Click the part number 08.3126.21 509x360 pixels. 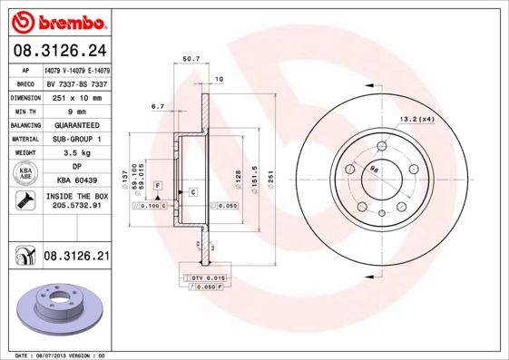click(x=76, y=258)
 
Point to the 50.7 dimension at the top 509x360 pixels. click(x=191, y=59)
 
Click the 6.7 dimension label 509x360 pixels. click(x=157, y=106)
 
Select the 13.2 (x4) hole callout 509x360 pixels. click(x=417, y=119)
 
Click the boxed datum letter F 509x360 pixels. click(x=158, y=184)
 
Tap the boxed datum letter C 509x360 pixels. click(x=192, y=192)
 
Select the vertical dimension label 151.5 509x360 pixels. click(x=256, y=171)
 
